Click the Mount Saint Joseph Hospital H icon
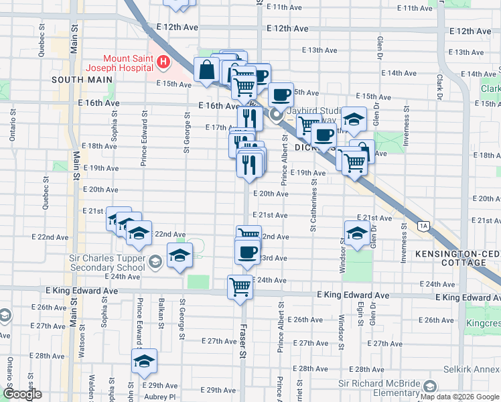[x=162, y=63]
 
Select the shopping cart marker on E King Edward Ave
[x=240, y=287]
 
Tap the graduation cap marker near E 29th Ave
[x=144, y=361]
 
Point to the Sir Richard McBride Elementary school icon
[x=429, y=386]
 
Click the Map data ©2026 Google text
[x=459, y=397]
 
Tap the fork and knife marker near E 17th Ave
[x=249, y=118]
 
